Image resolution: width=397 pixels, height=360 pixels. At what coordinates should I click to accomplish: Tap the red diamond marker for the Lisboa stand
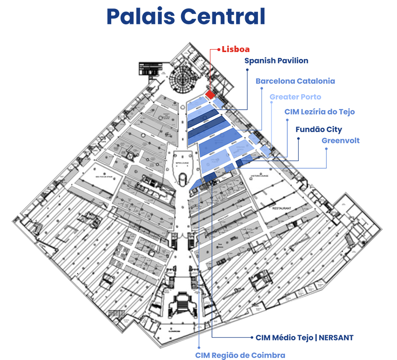210,94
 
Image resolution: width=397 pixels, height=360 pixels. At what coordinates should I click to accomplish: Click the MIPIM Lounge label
182,163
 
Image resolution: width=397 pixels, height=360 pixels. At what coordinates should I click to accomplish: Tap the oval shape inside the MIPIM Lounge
183,178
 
